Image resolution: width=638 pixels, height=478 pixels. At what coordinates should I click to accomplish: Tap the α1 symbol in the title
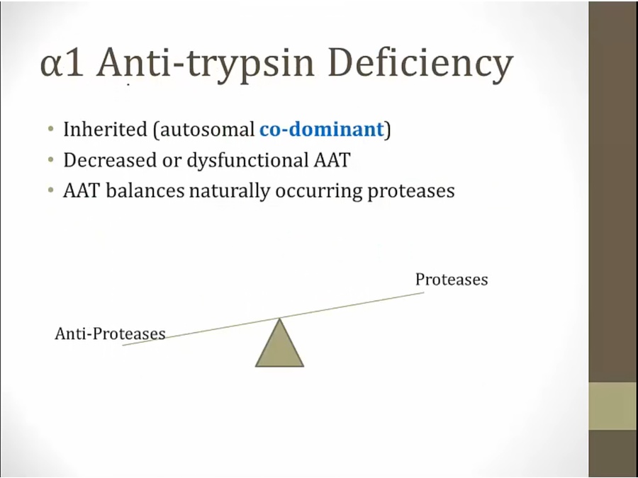[62, 64]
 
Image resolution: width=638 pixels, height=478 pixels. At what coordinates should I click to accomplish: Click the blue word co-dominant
[321, 129]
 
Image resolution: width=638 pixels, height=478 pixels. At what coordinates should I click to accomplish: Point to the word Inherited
[105, 130]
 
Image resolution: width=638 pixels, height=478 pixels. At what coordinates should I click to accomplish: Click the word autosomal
[207, 130]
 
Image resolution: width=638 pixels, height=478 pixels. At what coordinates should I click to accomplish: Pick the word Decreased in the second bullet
[110, 160]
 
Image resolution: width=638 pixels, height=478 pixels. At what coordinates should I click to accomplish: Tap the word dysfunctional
[247, 161]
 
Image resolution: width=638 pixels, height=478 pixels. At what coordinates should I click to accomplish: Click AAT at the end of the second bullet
[332, 160]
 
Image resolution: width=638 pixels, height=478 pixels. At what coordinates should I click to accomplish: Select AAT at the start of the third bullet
[82, 190]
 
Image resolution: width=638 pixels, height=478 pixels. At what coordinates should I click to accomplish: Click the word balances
[145, 190]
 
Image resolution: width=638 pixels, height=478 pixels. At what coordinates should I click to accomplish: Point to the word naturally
[229, 191]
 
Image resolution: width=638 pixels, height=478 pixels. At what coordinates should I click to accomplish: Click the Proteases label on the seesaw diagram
[452, 280]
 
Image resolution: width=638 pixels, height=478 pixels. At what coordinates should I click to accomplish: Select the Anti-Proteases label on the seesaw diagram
[110, 334]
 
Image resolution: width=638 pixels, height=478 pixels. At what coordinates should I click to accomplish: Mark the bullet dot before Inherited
[50, 130]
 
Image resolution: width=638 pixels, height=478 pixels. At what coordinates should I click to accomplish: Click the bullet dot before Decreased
[50, 160]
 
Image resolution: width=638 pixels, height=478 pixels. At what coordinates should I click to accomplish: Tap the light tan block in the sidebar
[612, 406]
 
